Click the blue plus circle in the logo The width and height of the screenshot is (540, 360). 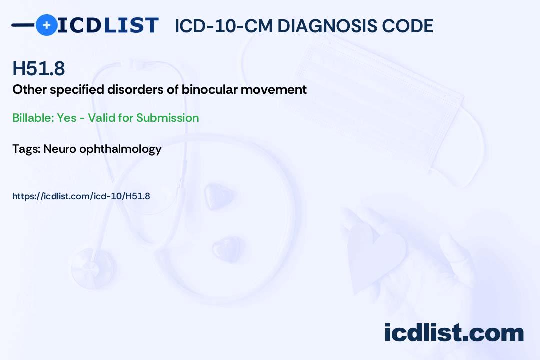[46, 25]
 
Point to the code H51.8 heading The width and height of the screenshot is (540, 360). [39, 69]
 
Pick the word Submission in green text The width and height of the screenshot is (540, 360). [168, 118]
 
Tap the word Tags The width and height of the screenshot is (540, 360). [26, 149]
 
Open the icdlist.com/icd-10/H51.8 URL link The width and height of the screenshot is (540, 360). [81, 196]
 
